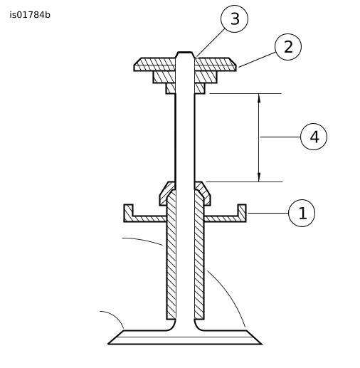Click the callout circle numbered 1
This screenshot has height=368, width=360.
(302, 213)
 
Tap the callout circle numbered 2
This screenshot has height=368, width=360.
(288, 47)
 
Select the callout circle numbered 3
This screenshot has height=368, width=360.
(234, 19)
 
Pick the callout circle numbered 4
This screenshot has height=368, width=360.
(314, 137)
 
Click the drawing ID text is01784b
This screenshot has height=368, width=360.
(30, 15)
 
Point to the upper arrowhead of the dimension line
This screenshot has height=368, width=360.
(259, 98)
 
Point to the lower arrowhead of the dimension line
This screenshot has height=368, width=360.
(259, 177)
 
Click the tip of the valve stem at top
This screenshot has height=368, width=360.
(185, 52)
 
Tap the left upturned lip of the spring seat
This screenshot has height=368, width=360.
(128, 213)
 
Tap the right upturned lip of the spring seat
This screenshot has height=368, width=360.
(242, 213)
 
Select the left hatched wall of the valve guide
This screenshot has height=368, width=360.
(171, 255)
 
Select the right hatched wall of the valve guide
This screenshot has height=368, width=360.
(199, 255)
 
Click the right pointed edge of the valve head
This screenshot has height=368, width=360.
(261, 344)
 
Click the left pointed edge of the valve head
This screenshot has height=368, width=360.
(109, 344)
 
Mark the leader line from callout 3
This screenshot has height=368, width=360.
(211, 43)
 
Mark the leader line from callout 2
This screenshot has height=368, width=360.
(257, 60)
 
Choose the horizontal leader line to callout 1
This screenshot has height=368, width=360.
(268, 213)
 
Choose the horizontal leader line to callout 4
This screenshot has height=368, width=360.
(280, 137)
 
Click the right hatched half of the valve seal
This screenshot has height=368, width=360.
(203, 194)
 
